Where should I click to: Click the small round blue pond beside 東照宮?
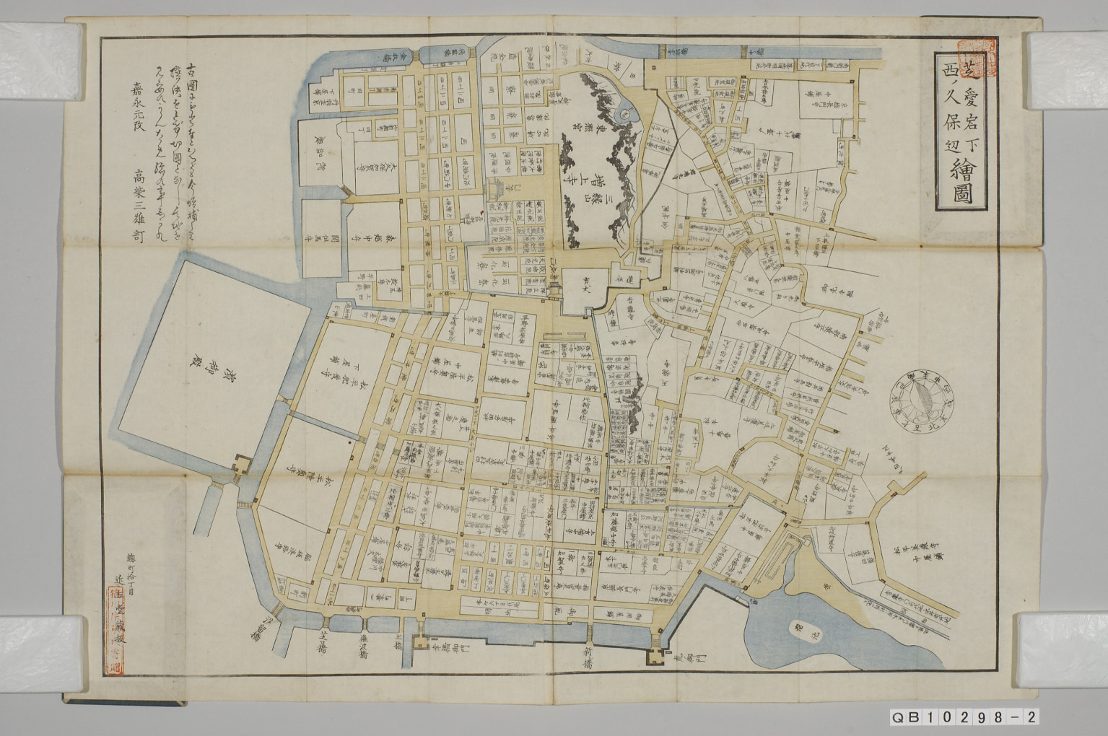[625, 113]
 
